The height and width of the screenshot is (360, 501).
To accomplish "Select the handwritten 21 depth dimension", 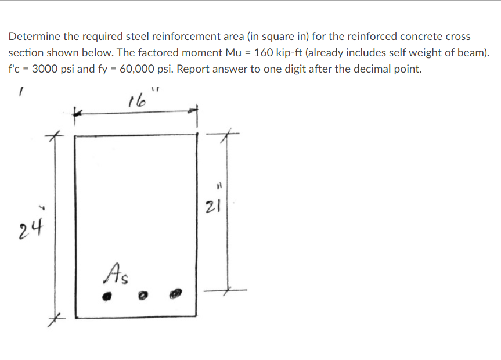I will click(x=211, y=206).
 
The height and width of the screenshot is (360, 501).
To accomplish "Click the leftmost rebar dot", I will click(x=107, y=295).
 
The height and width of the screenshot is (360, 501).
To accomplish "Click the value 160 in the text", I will click(x=264, y=53).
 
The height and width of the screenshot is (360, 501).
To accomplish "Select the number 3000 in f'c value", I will click(x=45, y=69).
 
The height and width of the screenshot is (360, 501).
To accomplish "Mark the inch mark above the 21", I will click(x=219, y=188).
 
